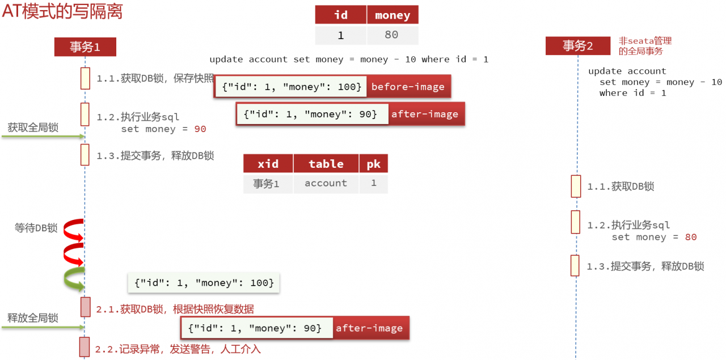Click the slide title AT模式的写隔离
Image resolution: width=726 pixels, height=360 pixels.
(x=62, y=11)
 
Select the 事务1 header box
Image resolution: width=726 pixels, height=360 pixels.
(x=85, y=47)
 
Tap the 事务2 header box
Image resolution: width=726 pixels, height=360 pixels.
(x=578, y=46)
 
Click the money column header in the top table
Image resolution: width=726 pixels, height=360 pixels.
(x=392, y=15)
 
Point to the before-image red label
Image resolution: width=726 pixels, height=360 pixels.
(x=408, y=87)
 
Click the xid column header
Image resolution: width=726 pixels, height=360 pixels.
(x=268, y=164)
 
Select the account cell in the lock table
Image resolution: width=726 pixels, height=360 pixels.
(x=326, y=184)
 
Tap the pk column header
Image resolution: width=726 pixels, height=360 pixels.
(x=373, y=164)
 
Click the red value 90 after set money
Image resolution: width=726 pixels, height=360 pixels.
(x=200, y=129)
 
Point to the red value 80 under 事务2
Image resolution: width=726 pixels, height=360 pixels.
(x=691, y=237)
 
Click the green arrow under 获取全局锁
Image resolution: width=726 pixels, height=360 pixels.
(x=43, y=137)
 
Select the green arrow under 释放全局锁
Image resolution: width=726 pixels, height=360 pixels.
(x=43, y=327)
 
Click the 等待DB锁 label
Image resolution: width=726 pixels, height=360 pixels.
(x=36, y=228)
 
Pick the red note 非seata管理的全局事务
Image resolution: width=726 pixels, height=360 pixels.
(x=645, y=46)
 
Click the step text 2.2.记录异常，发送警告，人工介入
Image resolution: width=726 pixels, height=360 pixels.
(x=178, y=349)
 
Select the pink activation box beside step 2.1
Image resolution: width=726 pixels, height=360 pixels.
(x=86, y=307)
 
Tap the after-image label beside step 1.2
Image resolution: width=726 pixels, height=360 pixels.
(x=425, y=114)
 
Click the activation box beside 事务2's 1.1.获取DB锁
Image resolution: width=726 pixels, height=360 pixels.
(x=576, y=187)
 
